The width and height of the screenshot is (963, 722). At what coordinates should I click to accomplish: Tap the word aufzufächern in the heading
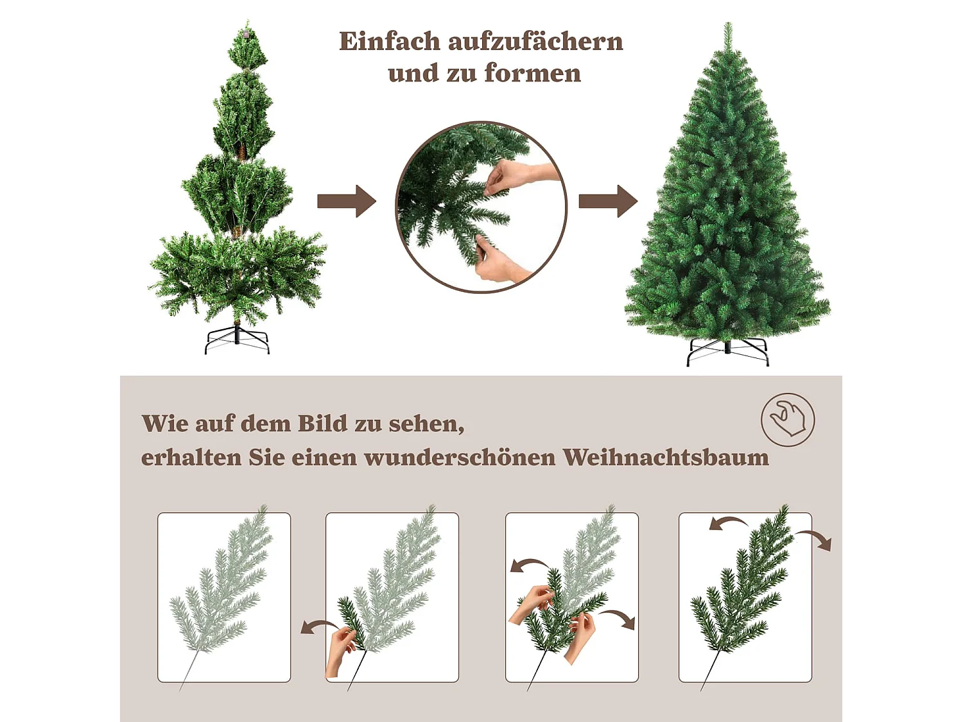[535, 42]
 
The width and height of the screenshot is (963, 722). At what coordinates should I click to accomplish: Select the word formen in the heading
[533, 74]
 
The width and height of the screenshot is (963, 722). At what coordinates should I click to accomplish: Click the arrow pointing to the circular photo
[347, 202]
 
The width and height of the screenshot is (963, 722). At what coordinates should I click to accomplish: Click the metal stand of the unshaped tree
[237, 340]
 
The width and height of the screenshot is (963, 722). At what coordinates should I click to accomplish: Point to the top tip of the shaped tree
[728, 29]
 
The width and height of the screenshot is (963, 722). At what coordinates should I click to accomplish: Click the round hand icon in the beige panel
[788, 420]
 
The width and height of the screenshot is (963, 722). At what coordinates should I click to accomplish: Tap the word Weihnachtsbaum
[666, 458]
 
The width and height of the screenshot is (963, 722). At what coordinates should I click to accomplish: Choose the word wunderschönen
[460, 458]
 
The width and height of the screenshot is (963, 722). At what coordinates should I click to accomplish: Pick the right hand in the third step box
[580, 635]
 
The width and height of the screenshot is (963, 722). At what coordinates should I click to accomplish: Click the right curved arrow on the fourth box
[815, 539]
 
